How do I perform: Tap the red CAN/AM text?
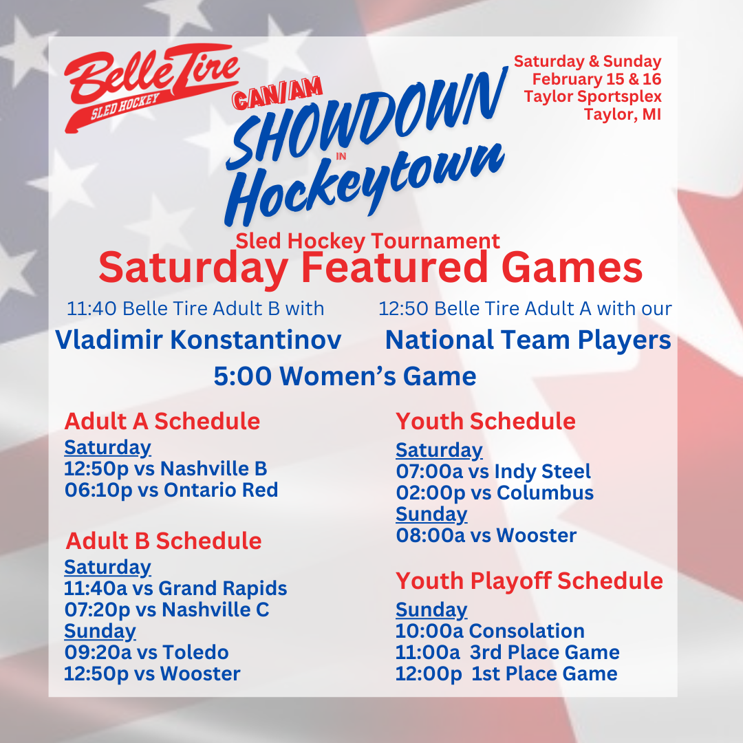point(278,93)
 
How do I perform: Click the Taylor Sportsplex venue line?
point(592,96)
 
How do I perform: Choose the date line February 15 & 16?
point(596,78)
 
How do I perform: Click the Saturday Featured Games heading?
point(371,268)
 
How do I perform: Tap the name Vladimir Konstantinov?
point(198,340)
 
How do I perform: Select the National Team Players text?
point(528,341)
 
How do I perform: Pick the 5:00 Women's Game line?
point(345,376)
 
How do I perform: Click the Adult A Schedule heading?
point(162,421)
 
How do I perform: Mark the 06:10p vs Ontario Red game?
point(171,491)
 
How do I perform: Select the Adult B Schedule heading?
point(164,541)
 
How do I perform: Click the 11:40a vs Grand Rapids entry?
point(175,588)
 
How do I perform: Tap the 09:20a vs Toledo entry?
point(147,652)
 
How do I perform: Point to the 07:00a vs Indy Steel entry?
point(493,471)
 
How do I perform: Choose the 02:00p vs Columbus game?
point(495,493)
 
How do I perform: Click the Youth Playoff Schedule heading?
point(529,581)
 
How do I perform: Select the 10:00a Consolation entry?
point(490,631)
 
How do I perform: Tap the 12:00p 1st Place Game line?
point(506,674)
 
